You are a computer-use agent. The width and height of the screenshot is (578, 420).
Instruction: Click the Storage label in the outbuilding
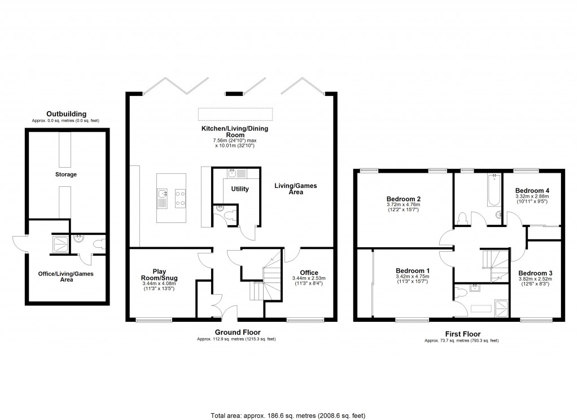[x=66, y=174]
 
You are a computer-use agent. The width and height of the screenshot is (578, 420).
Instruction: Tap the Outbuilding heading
[x=66, y=114]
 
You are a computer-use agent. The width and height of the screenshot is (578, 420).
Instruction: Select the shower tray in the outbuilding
[x=59, y=244]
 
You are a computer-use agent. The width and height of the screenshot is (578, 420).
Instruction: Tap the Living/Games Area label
[x=288, y=189]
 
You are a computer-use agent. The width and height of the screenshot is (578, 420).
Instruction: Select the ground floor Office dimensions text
[x=309, y=281]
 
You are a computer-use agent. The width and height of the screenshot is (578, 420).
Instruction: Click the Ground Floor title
[x=237, y=333]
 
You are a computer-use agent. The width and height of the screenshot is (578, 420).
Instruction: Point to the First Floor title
[x=462, y=334]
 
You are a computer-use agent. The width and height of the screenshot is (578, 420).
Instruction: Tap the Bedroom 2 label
[x=404, y=199]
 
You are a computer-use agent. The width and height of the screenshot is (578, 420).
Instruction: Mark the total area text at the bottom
[x=288, y=415]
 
